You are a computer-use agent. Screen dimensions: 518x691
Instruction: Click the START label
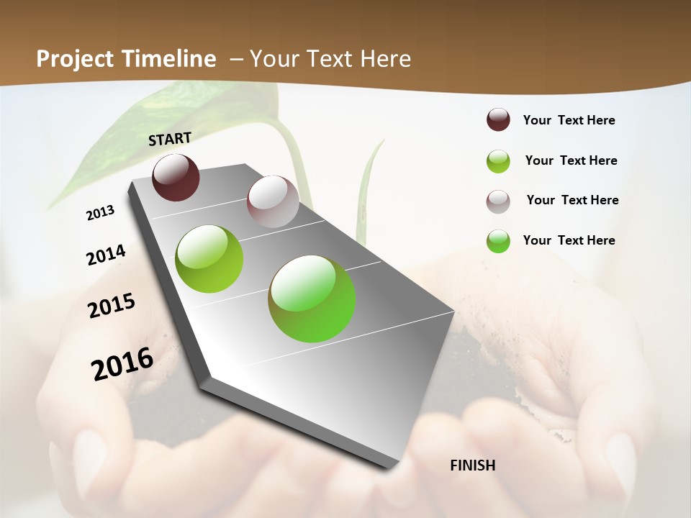tap(170, 139)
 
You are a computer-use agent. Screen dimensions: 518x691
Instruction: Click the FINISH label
tap(472, 465)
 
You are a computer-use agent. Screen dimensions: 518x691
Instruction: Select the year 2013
tap(100, 213)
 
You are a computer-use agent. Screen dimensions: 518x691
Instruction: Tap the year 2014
tap(106, 255)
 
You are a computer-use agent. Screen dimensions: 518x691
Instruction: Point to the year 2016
tap(122, 363)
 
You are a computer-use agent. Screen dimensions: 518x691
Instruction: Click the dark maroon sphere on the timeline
tap(176, 177)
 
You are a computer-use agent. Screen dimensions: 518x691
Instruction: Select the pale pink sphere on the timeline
tap(273, 201)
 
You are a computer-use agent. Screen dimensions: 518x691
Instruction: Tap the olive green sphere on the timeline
tap(209, 259)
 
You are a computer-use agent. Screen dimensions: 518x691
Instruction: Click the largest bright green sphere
tap(312, 299)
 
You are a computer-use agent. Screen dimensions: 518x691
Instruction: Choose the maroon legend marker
tap(498, 120)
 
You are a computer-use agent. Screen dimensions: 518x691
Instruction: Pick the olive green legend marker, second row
tap(498, 161)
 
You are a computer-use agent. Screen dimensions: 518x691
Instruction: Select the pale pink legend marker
tap(498, 201)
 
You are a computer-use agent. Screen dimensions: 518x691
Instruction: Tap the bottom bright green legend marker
tap(498, 241)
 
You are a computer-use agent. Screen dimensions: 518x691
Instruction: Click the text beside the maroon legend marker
tap(569, 120)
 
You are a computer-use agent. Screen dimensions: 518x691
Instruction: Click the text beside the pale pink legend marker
tap(572, 200)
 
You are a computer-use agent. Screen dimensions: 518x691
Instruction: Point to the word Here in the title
tap(385, 59)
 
